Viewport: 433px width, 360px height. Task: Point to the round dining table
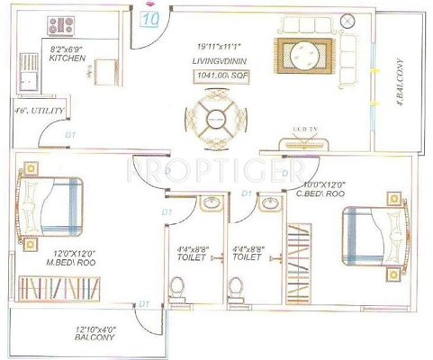click(x=215, y=119)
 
